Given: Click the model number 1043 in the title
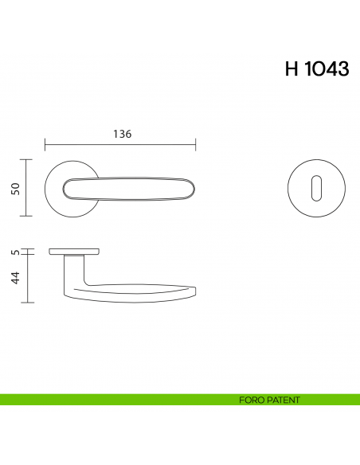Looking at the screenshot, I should point(326,69).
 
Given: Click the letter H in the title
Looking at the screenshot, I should point(292,69).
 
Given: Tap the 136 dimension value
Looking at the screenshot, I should point(122,134).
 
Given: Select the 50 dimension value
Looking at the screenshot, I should point(14,187).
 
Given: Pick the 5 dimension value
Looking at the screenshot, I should point(14,252).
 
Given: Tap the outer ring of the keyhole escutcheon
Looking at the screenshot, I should point(289,188).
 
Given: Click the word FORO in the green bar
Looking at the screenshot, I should point(249,400).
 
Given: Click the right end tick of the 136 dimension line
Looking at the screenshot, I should point(196,145).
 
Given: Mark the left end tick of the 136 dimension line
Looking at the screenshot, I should point(45,145).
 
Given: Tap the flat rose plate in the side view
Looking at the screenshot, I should point(74,252).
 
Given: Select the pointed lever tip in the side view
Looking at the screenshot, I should point(195,287).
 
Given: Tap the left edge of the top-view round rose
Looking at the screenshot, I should point(46,188).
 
